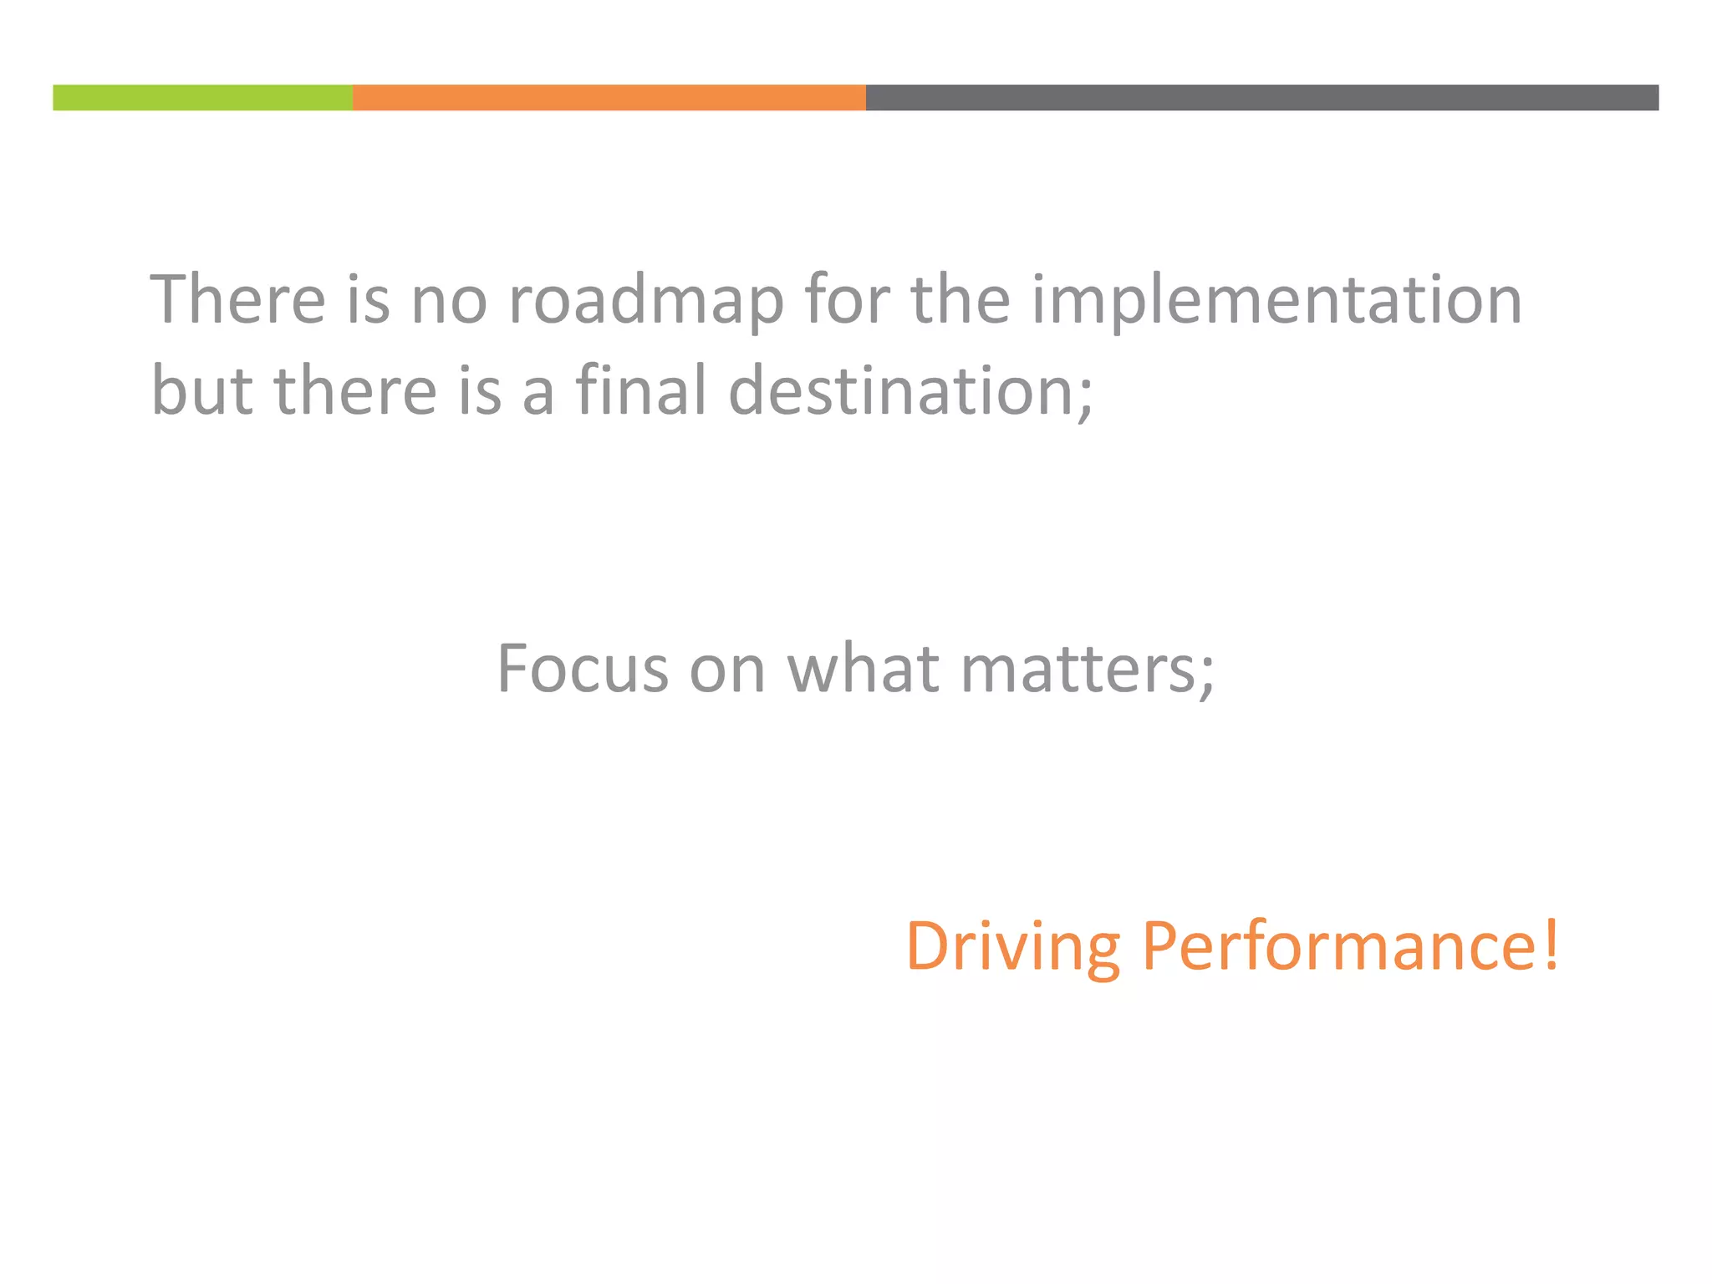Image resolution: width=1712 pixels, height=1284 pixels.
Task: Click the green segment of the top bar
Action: (202, 98)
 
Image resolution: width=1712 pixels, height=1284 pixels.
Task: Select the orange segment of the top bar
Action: (609, 98)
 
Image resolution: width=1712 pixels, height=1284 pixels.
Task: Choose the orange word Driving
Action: (1012, 945)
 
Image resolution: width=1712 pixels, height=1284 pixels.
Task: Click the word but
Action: (201, 390)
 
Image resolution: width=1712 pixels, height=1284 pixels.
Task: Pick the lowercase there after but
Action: (355, 390)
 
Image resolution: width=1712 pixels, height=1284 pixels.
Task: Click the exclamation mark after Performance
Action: (1551, 945)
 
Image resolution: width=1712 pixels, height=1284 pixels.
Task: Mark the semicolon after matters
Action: (1207, 675)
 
